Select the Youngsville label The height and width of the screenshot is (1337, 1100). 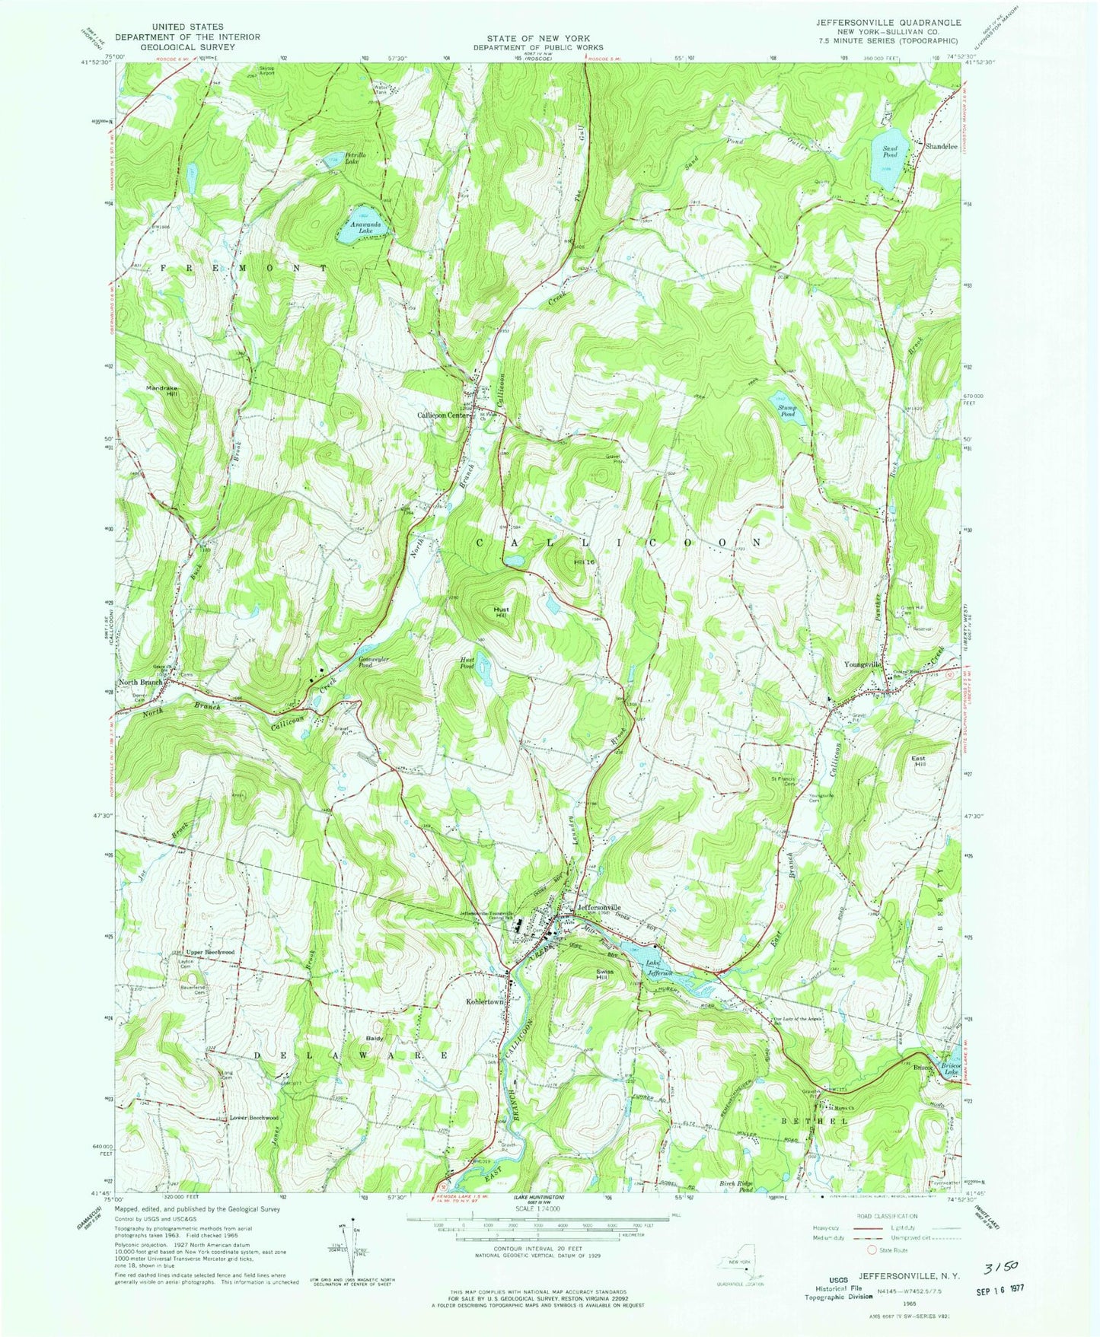(x=862, y=664)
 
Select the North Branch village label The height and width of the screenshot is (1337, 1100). (x=139, y=683)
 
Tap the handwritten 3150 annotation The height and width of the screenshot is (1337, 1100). (x=1003, y=1267)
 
